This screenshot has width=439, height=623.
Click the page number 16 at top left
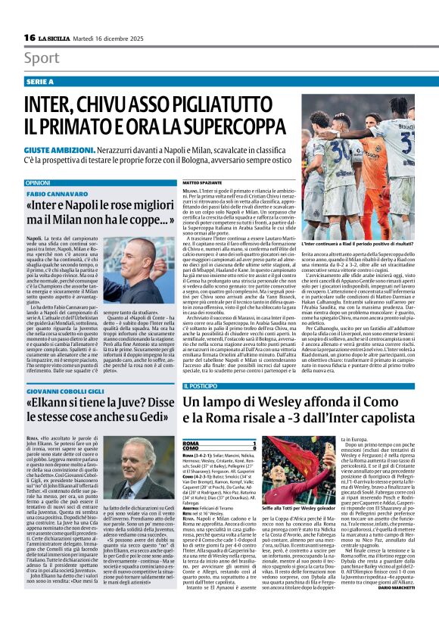click(x=30, y=37)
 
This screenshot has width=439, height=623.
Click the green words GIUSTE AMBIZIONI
click(x=57, y=151)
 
